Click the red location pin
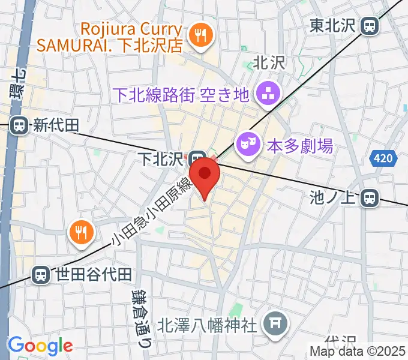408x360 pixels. pos(205,175)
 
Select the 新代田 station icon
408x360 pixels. pos(19,125)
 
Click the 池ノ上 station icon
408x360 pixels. pos(372,197)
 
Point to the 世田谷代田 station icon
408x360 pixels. pos(41,275)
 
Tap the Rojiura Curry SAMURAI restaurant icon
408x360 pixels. pos(197,35)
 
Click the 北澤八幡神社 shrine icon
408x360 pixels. pos(276,325)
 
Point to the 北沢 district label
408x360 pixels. pos(268,62)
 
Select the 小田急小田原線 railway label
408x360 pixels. pos(151,213)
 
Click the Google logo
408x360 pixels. pos(40,346)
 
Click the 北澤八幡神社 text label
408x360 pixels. pos(207,326)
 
